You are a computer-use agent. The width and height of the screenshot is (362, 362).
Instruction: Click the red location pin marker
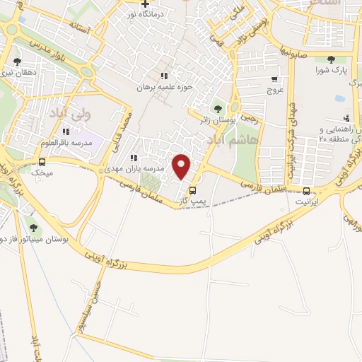[x=182, y=166]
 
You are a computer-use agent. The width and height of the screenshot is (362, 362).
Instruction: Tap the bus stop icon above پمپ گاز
[x=192, y=190]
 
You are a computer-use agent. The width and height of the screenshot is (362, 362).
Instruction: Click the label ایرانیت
[x=307, y=202]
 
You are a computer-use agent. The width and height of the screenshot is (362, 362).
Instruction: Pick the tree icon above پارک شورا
[x=331, y=59]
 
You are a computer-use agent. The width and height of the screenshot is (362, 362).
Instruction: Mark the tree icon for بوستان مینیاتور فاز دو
[x=33, y=227]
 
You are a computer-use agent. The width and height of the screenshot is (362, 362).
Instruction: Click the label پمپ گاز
[x=192, y=202]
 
